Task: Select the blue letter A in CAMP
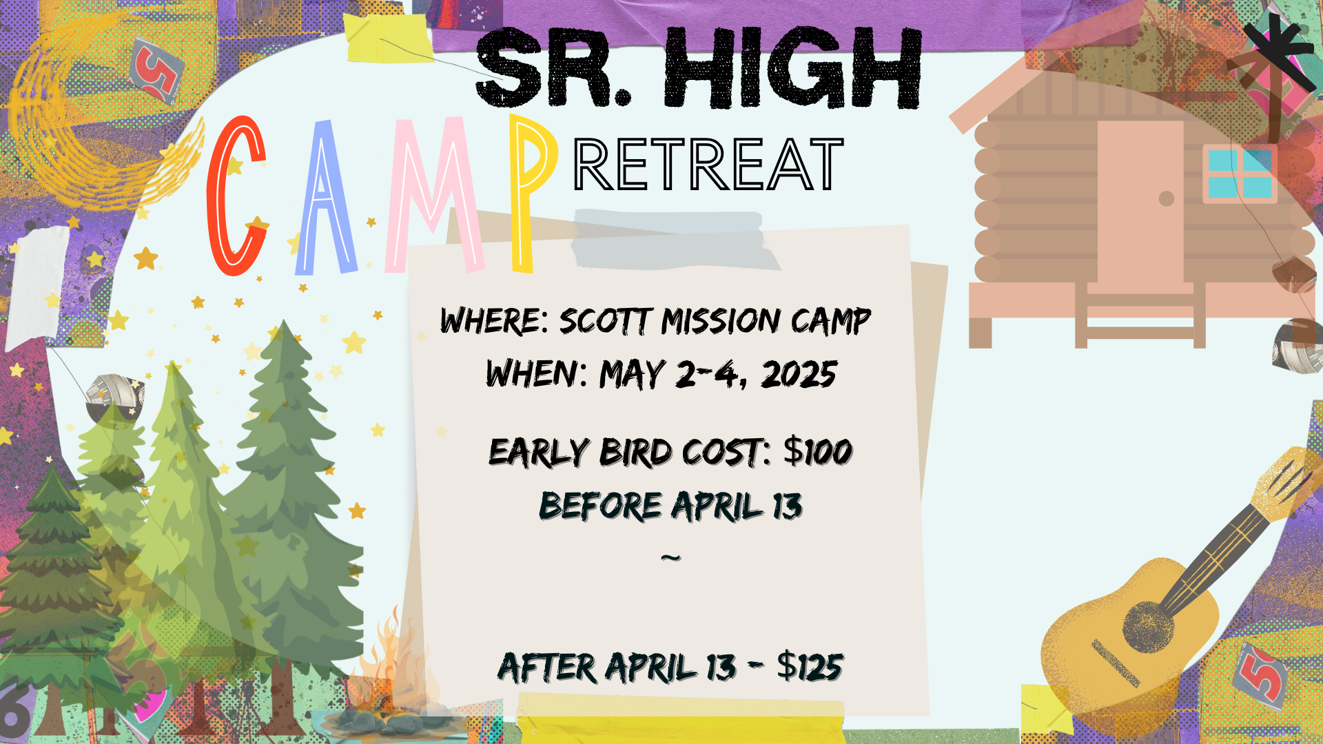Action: (326, 198)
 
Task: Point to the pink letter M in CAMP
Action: (434, 195)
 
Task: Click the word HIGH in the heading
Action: (793, 68)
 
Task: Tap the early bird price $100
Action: (818, 452)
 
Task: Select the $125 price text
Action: (810, 666)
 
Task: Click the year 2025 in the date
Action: (799, 374)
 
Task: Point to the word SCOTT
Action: (605, 321)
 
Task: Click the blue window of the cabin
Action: (1240, 174)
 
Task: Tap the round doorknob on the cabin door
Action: (1167, 198)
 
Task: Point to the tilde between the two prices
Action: (670, 557)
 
